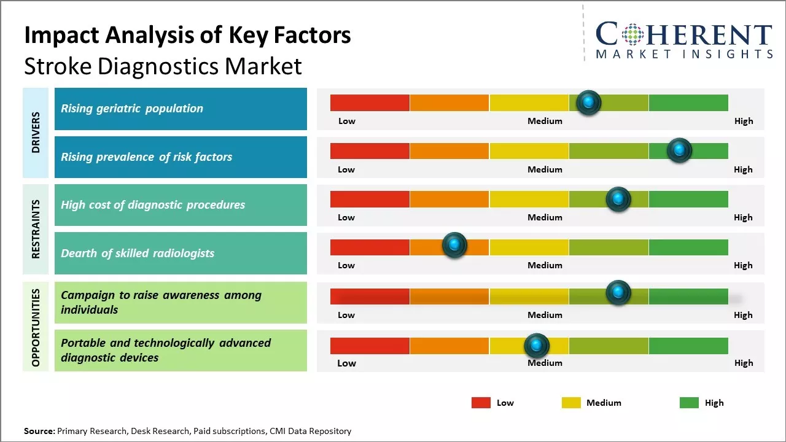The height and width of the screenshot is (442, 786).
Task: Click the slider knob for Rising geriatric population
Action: (589, 103)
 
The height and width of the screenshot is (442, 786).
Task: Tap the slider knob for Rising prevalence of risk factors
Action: (679, 150)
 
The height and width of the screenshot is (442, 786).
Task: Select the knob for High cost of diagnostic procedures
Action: (618, 199)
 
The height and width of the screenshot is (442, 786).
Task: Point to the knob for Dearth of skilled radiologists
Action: (454, 246)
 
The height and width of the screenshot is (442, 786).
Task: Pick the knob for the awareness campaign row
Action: (618, 293)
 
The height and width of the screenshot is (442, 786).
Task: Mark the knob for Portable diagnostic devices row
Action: (537, 346)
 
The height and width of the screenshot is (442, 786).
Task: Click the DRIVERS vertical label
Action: (36, 133)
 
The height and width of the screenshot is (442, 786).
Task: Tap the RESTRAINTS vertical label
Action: (36, 229)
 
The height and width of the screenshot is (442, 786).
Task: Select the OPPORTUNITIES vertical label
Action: (36, 327)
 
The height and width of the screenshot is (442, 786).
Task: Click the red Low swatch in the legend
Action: (481, 403)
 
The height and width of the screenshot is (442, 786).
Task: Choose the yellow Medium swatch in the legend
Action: (571, 403)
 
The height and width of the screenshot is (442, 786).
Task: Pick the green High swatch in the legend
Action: (689, 403)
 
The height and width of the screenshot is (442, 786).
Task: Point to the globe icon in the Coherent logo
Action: (632, 34)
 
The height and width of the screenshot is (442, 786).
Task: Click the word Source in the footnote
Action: (39, 431)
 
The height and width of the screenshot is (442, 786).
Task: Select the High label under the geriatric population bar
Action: (743, 121)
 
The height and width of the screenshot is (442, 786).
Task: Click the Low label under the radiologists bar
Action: (346, 265)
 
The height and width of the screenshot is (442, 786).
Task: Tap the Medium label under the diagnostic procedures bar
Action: (545, 217)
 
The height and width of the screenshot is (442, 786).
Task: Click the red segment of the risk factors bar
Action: (370, 151)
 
